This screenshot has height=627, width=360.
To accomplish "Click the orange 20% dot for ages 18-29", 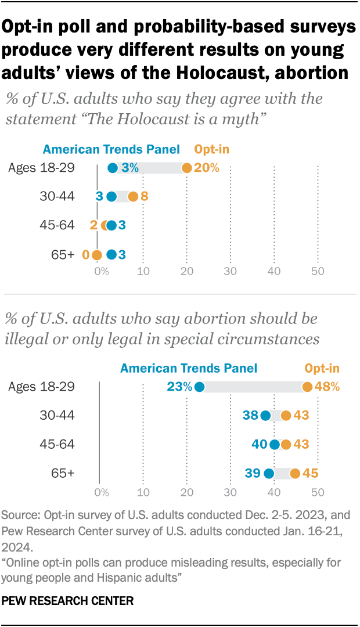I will click(x=186, y=168).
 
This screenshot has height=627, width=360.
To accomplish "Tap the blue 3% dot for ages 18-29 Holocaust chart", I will click(x=113, y=168).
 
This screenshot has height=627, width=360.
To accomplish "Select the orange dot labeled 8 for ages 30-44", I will click(x=133, y=197).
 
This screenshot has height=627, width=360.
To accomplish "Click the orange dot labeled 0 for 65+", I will click(x=96, y=254).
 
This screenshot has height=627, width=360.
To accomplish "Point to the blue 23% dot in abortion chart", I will click(x=200, y=387).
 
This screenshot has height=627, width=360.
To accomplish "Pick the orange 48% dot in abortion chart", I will click(x=307, y=387).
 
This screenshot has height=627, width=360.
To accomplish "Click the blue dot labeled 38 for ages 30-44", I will click(x=265, y=416).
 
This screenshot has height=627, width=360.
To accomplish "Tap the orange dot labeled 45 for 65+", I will click(x=295, y=474).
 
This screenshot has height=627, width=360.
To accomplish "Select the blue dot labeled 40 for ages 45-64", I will click(x=274, y=445).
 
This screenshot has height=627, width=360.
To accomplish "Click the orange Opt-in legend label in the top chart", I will click(x=212, y=149).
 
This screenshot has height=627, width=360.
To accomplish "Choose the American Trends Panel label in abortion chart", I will click(x=189, y=368).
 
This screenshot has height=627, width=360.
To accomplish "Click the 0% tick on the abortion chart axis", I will click(x=102, y=492).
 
